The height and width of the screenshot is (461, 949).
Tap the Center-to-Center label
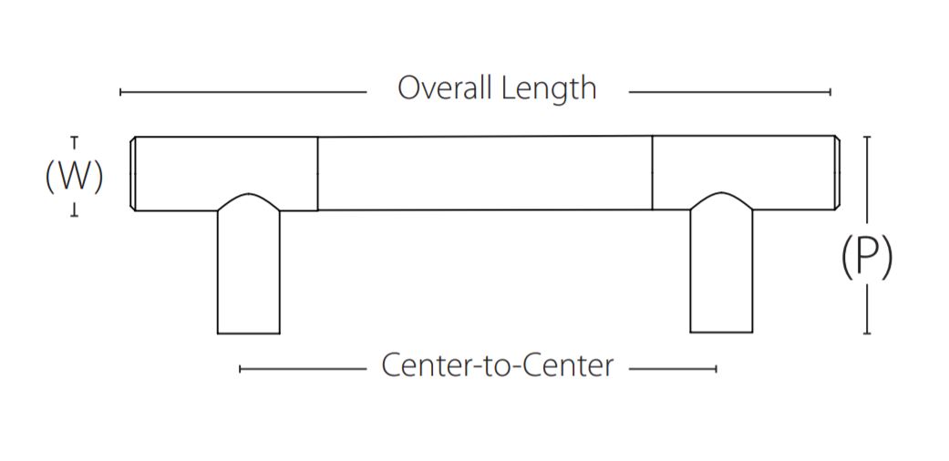pos(497,366)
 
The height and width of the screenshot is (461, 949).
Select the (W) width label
pos(74,176)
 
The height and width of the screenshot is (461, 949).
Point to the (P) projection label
pos(866,257)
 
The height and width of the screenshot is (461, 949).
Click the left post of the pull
pos(248,273)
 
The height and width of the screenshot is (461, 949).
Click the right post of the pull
pos(721,273)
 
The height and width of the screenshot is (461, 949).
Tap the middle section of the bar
pos(484,173)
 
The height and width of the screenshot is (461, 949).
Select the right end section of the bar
pos(744,164)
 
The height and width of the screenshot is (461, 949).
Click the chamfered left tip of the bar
pos(134,174)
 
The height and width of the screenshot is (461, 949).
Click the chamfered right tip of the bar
pos(837,173)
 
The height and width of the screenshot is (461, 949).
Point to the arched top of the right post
pos(721,198)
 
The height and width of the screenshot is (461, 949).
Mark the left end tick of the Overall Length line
pos(120,92)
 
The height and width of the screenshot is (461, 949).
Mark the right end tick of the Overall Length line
pos(830,92)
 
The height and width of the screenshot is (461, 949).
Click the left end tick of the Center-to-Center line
pos(240,369)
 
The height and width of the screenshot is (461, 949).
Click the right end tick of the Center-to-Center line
pos(716,369)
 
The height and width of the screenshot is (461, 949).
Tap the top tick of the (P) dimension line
pos(866,137)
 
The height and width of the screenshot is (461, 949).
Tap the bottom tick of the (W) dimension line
pos(74,214)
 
